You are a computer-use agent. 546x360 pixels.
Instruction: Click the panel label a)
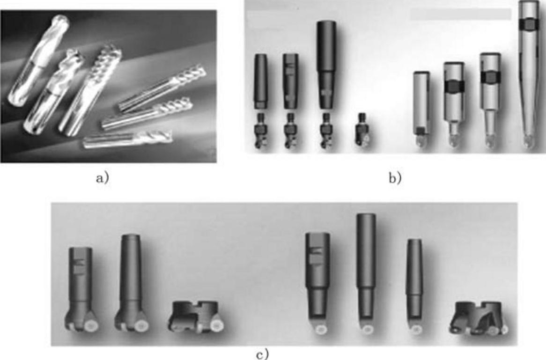pyautogui.click(x=103, y=178)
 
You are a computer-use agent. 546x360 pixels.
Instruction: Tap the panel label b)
pyautogui.click(x=395, y=178)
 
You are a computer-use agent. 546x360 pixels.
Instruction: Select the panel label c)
pyautogui.click(x=263, y=354)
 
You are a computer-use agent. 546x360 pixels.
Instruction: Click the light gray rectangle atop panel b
pyautogui.click(x=460, y=14)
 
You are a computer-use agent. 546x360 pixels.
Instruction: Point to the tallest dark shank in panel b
pyautogui.click(x=326, y=65)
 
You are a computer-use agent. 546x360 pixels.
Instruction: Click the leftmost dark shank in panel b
pyautogui.click(x=260, y=81)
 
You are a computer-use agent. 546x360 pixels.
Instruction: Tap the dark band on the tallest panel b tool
pyautogui.click(x=529, y=24)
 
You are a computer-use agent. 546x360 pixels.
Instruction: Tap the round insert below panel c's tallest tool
pyautogui.click(x=366, y=329)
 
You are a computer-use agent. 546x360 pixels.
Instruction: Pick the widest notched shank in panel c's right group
pyautogui.click(x=317, y=275)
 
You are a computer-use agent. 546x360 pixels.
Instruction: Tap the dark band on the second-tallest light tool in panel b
pyautogui.click(x=490, y=77)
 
